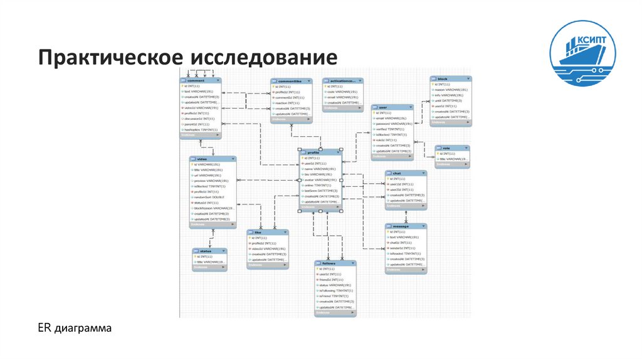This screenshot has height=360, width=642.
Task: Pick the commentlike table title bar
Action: pos(292,81)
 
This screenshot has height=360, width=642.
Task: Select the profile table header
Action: pos(320,152)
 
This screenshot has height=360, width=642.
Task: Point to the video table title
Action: pos(213,159)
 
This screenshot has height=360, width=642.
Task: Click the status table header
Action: pos(210,251)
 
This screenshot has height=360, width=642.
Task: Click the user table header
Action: pos(392,108)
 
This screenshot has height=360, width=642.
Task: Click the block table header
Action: pos(450,78)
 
